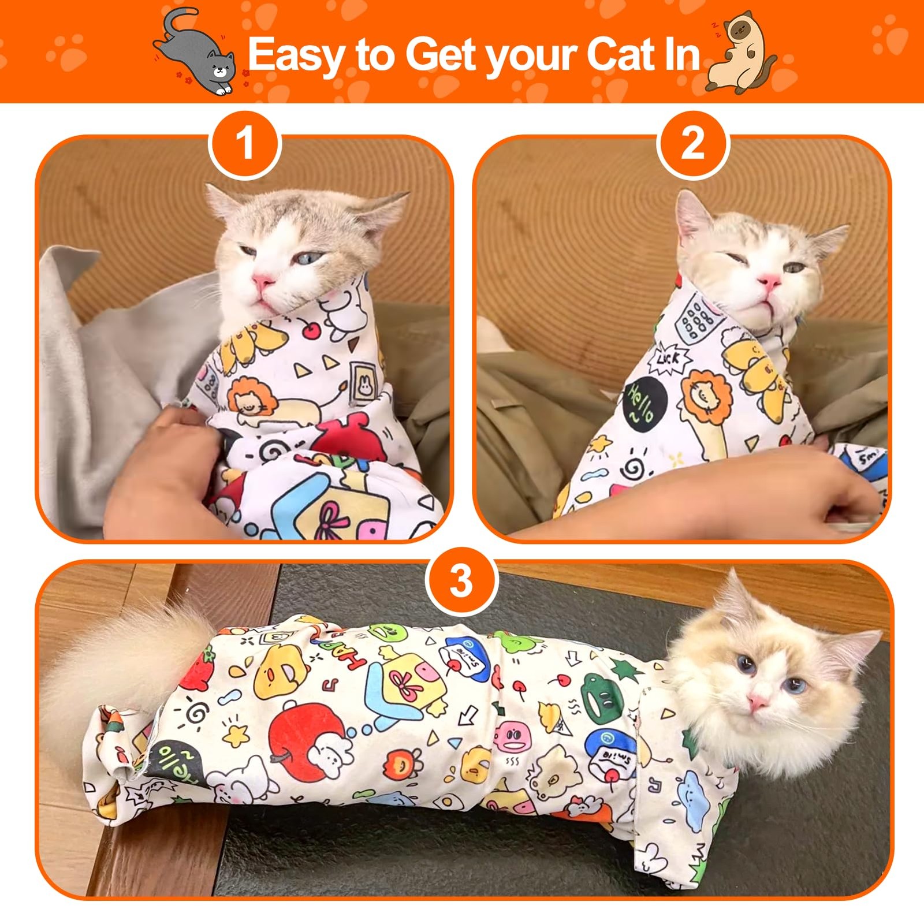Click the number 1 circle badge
tap(245, 144)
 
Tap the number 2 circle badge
tap(693, 144)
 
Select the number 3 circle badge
tap(461, 581)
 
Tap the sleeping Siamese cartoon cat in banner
tap(742, 55)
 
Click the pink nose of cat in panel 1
tap(263, 281)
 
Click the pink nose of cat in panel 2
tap(770, 282)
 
